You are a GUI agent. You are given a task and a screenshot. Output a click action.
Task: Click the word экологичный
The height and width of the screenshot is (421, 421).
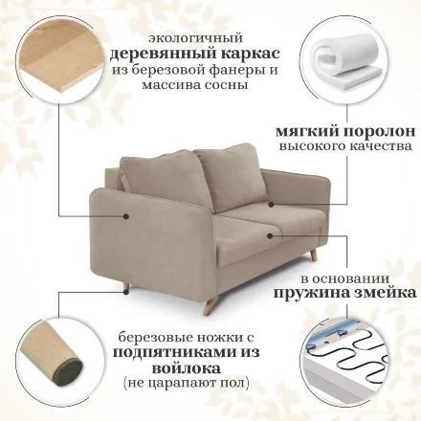coord(195,38)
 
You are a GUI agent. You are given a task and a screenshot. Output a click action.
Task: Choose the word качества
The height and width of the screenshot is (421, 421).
coord(381,146)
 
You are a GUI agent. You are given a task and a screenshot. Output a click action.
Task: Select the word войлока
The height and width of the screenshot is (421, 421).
coord(186,368)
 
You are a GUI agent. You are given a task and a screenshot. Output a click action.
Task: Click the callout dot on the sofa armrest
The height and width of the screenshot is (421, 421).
coord(126,216)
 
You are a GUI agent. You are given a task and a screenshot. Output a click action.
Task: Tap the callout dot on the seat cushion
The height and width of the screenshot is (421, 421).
coord(270,235)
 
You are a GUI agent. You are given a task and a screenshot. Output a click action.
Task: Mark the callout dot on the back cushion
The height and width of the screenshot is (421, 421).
coord(271,204)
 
